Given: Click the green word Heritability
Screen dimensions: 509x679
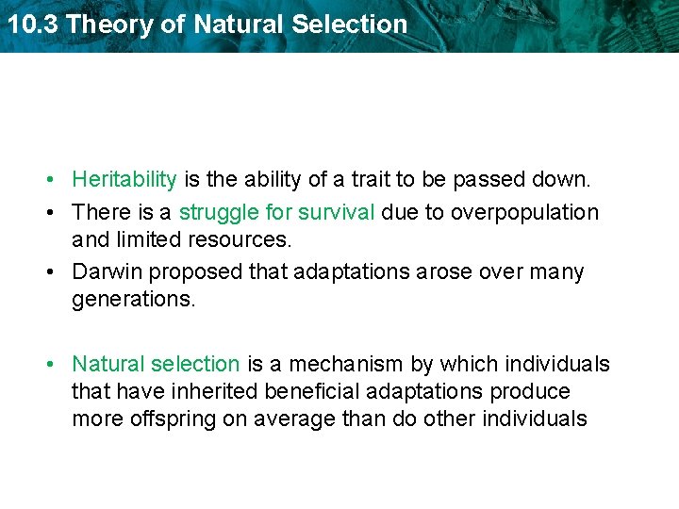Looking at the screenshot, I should coord(124,179).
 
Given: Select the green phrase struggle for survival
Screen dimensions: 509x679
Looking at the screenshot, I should coord(277,212).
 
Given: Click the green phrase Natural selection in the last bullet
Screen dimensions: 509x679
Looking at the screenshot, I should coord(156,364).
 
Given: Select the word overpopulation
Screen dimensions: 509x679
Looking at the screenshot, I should coord(524,212).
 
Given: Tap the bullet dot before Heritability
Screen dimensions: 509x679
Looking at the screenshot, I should coord(58,180).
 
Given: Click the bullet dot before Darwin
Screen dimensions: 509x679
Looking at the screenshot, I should coord(58,273).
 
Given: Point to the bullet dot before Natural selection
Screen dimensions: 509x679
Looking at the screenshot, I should coord(58,365).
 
